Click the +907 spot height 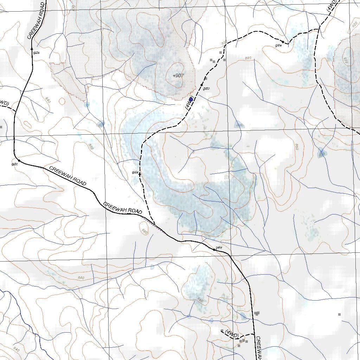coord(178,75)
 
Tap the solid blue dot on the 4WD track coord(191,99)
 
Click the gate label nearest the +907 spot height coord(206,89)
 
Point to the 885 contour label coord(248,58)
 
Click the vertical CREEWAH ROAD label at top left coord(37,20)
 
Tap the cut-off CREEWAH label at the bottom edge coord(259,348)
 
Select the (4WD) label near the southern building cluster coord(231,333)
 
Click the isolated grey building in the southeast coord(339,314)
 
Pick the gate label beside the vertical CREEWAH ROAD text coord(36,52)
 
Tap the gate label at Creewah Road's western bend coord(14,164)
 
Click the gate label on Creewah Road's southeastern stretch coord(219,247)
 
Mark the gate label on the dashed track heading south coord(135,172)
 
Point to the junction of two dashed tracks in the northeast coord(319,28)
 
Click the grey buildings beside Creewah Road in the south coord(257,313)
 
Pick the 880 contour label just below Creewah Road coord(144,231)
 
